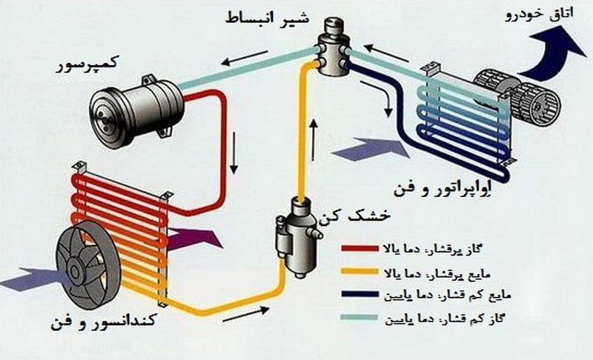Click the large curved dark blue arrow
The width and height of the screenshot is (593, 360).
549,56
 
